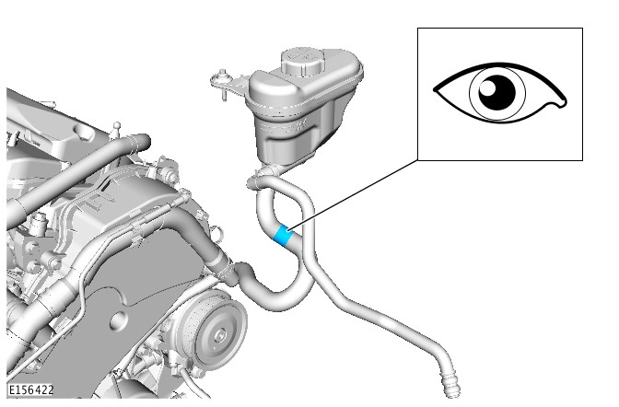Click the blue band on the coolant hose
[283, 236]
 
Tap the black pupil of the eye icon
[497, 93]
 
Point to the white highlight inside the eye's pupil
[487, 87]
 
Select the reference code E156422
[30, 390]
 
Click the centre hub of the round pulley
[218, 335]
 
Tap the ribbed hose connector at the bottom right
[450, 386]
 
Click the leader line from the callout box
[353, 194]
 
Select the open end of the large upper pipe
[144, 141]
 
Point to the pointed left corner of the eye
[436, 90]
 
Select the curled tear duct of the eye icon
[557, 103]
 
